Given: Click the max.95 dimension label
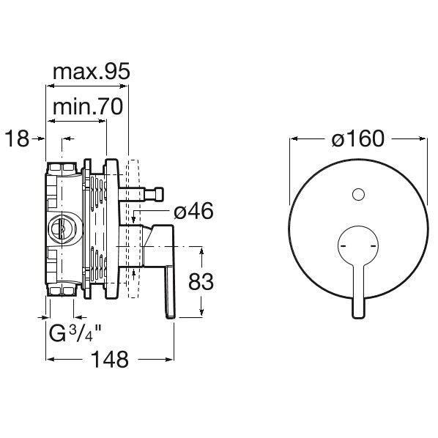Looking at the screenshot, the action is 92,72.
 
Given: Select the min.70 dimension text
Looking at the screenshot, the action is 88,106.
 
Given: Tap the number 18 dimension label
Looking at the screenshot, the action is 17,138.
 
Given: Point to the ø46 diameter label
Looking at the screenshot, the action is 193,211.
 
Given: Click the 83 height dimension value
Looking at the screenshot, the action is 201,282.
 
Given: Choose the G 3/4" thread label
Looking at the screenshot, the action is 75,333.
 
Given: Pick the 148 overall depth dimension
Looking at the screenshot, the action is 110,359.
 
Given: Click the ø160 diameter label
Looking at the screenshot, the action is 358,138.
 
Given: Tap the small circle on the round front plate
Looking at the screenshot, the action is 358,194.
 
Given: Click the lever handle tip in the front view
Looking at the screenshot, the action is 358,315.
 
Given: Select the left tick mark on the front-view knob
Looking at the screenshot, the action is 344,246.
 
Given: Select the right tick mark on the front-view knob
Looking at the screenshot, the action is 374,246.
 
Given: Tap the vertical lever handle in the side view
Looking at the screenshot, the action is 170,292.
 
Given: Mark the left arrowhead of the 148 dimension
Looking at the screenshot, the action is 50,359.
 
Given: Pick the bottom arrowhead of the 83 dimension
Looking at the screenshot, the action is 201,313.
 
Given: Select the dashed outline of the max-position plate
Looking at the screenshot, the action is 133,229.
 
